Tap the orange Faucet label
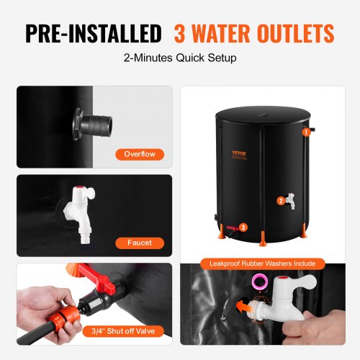[141, 243]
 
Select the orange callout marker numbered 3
[243, 228]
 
